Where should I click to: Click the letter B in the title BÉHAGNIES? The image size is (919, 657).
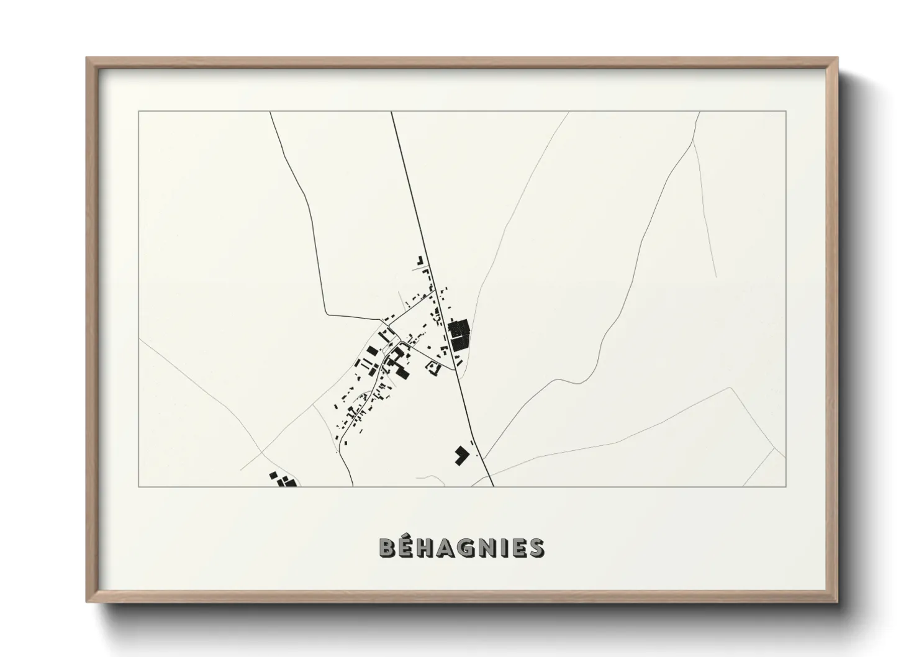tap(387, 548)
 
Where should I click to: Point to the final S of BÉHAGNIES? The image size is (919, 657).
tap(537, 548)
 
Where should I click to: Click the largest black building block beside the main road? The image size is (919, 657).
tap(459, 335)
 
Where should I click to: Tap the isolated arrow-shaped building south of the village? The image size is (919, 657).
tap(461, 454)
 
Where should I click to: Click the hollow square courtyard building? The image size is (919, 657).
tap(433, 369)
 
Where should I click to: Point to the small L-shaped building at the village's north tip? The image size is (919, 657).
tap(420, 260)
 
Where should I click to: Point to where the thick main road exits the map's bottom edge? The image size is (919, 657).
tap(492, 486)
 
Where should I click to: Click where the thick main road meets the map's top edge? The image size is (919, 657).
tap(391, 112)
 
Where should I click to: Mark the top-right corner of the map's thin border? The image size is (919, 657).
tap(786, 111)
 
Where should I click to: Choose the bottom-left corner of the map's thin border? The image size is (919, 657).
tap(138, 487)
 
